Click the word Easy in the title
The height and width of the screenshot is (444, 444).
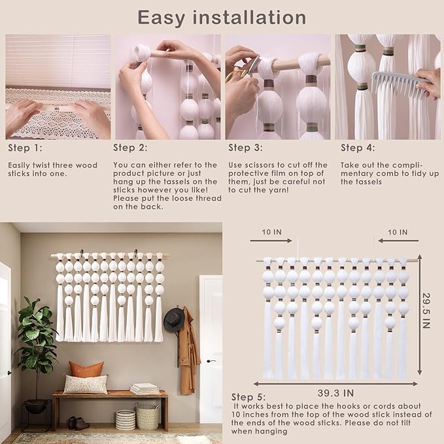161,18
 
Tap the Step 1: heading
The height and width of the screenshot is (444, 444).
25,148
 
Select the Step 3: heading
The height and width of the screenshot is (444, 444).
245,148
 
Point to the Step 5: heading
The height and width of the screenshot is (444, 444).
248,397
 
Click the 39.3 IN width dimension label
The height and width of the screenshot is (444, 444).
335,393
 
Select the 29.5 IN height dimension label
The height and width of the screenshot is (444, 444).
426,311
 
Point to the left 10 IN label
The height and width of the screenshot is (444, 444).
271,232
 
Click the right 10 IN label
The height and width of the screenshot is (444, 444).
398,232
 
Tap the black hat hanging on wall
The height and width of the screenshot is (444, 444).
174,319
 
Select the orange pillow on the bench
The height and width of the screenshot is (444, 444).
86,369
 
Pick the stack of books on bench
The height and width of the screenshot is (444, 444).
145,388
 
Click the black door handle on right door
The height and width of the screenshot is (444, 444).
211,361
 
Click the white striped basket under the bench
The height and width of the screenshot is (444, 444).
125,420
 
